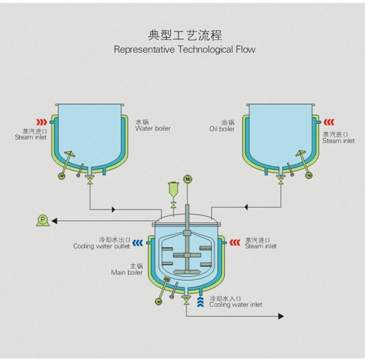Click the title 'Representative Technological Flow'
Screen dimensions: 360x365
(x=185, y=50)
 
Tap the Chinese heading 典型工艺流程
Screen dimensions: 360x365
(x=185, y=35)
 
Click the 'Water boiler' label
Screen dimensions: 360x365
(x=153, y=129)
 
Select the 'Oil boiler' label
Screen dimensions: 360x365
(x=222, y=129)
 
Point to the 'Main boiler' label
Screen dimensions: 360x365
(x=127, y=272)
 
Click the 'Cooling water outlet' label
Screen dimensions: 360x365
(x=101, y=246)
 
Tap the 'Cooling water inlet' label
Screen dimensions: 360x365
(x=235, y=305)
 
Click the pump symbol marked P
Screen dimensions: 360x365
(x=42, y=221)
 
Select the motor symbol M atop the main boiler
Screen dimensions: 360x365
(x=188, y=179)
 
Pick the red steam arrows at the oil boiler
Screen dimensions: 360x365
(x=329, y=122)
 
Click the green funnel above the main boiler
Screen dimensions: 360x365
(x=173, y=193)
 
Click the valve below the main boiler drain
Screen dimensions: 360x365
(x=186, y=302)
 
